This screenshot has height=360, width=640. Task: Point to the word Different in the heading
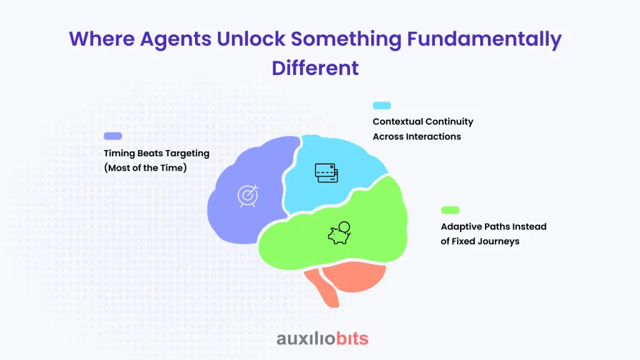315,67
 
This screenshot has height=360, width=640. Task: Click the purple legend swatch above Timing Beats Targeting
113,136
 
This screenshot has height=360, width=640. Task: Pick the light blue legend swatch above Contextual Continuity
382,106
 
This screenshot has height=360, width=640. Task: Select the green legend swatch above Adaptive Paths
450,210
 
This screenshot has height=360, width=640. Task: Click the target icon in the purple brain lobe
248,196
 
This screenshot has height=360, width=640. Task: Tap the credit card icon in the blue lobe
326,173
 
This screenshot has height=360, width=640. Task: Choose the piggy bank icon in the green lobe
339,233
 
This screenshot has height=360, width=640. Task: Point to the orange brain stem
322,288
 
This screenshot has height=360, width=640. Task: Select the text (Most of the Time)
145,167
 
